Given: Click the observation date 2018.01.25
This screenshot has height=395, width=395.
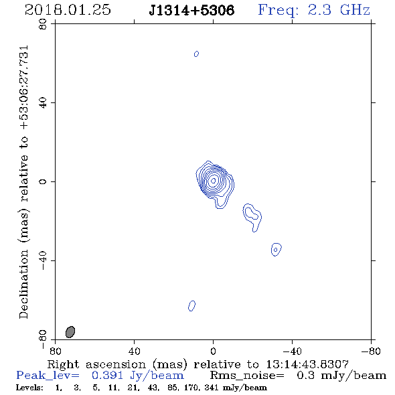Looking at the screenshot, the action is pyautogui.click(x=68, y=10).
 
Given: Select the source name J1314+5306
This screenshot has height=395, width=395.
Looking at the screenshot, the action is pyautogui.click(x=191, y=10).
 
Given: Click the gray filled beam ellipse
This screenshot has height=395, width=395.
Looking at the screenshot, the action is pyautogui.click(x=70, y=332).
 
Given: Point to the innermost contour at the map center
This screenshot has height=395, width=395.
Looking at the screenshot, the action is pyautogui.click(x=214, y=180).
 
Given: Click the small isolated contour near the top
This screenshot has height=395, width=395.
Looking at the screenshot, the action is pyautogui.click(x=196, y=54).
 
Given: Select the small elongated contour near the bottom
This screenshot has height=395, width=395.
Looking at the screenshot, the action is pyautogui.click(x=191, y=306).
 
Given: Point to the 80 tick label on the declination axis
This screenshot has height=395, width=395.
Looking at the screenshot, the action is pyautogui.click(x=43, y=24).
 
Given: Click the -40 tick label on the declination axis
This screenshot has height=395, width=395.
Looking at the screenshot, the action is pyautogui.click(x=43, y=260).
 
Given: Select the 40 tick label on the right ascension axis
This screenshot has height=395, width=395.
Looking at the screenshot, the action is pyautogui.click(x=134, y=351).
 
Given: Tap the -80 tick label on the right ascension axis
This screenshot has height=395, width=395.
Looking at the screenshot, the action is pyautogui.click(x=371, y=351).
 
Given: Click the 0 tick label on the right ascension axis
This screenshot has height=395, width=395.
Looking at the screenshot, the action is pyautogui.click(x=213, y=351).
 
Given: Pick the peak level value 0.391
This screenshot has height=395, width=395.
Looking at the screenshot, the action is pyautogui.click(x=107, y=375).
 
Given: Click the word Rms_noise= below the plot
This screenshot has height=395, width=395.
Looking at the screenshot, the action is pyautogui.click(x=247, y=376).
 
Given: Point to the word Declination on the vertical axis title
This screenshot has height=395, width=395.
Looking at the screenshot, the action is pyautogui.click(x=23, y=284).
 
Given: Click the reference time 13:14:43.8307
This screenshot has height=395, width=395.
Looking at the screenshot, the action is pyautogui.click(x=307, y=364).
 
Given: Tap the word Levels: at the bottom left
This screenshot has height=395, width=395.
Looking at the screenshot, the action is pyautogui.click(x=29, y=387).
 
